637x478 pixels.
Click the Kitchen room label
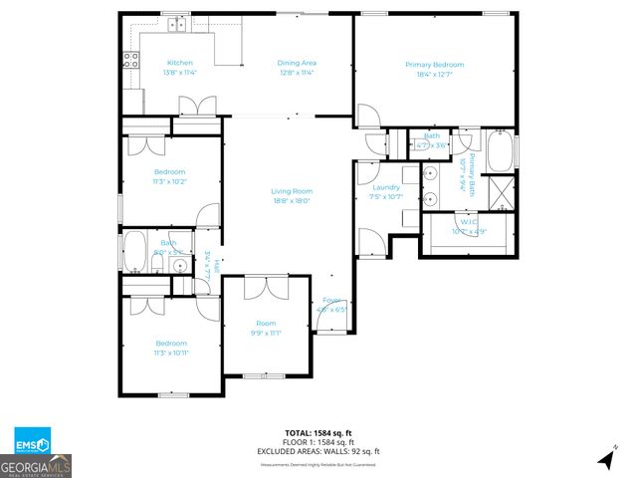click(x=180, y=63)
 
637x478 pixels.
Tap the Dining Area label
click(x=297, y=63)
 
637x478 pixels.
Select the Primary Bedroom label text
click(x=434, y=65)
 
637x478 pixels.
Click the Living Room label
click(x=292, y=191)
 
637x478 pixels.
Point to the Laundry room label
click(x=385, y=187)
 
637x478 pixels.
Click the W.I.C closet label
click(x=469, y=222)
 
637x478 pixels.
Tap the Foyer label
click(x=330, y=300)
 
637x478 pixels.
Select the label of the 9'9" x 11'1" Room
click(x=266, y=323)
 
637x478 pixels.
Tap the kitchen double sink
click(x=177, y=23)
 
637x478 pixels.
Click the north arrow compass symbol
click(x=605, y=459)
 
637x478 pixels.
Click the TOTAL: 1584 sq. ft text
click(x=318, y=433)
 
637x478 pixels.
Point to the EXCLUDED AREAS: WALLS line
click(x=318, y=451)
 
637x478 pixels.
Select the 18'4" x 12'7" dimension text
click(x=434, y=74)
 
